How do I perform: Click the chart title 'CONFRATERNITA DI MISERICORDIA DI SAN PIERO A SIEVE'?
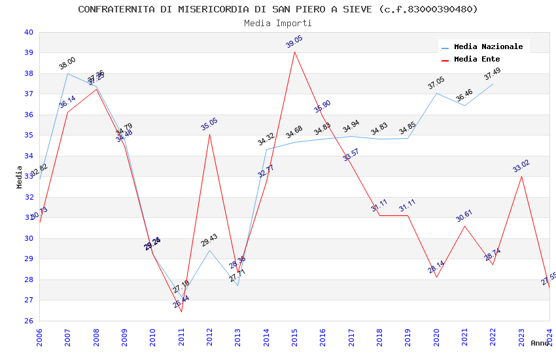278,9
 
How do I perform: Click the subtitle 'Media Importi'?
278,23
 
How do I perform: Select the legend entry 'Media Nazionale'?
488,47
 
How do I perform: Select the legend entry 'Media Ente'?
476,60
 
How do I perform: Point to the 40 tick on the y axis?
28,32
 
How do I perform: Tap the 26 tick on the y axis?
28,321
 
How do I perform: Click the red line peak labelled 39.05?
295,52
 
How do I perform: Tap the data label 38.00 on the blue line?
67,63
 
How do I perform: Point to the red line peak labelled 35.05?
210,134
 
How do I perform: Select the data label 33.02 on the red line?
521,167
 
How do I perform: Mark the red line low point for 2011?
181,312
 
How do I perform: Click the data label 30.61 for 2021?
464,217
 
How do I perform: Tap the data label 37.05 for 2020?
436,84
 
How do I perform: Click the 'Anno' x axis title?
540,343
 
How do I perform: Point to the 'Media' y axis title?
20,177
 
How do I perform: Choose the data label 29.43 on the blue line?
209,240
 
